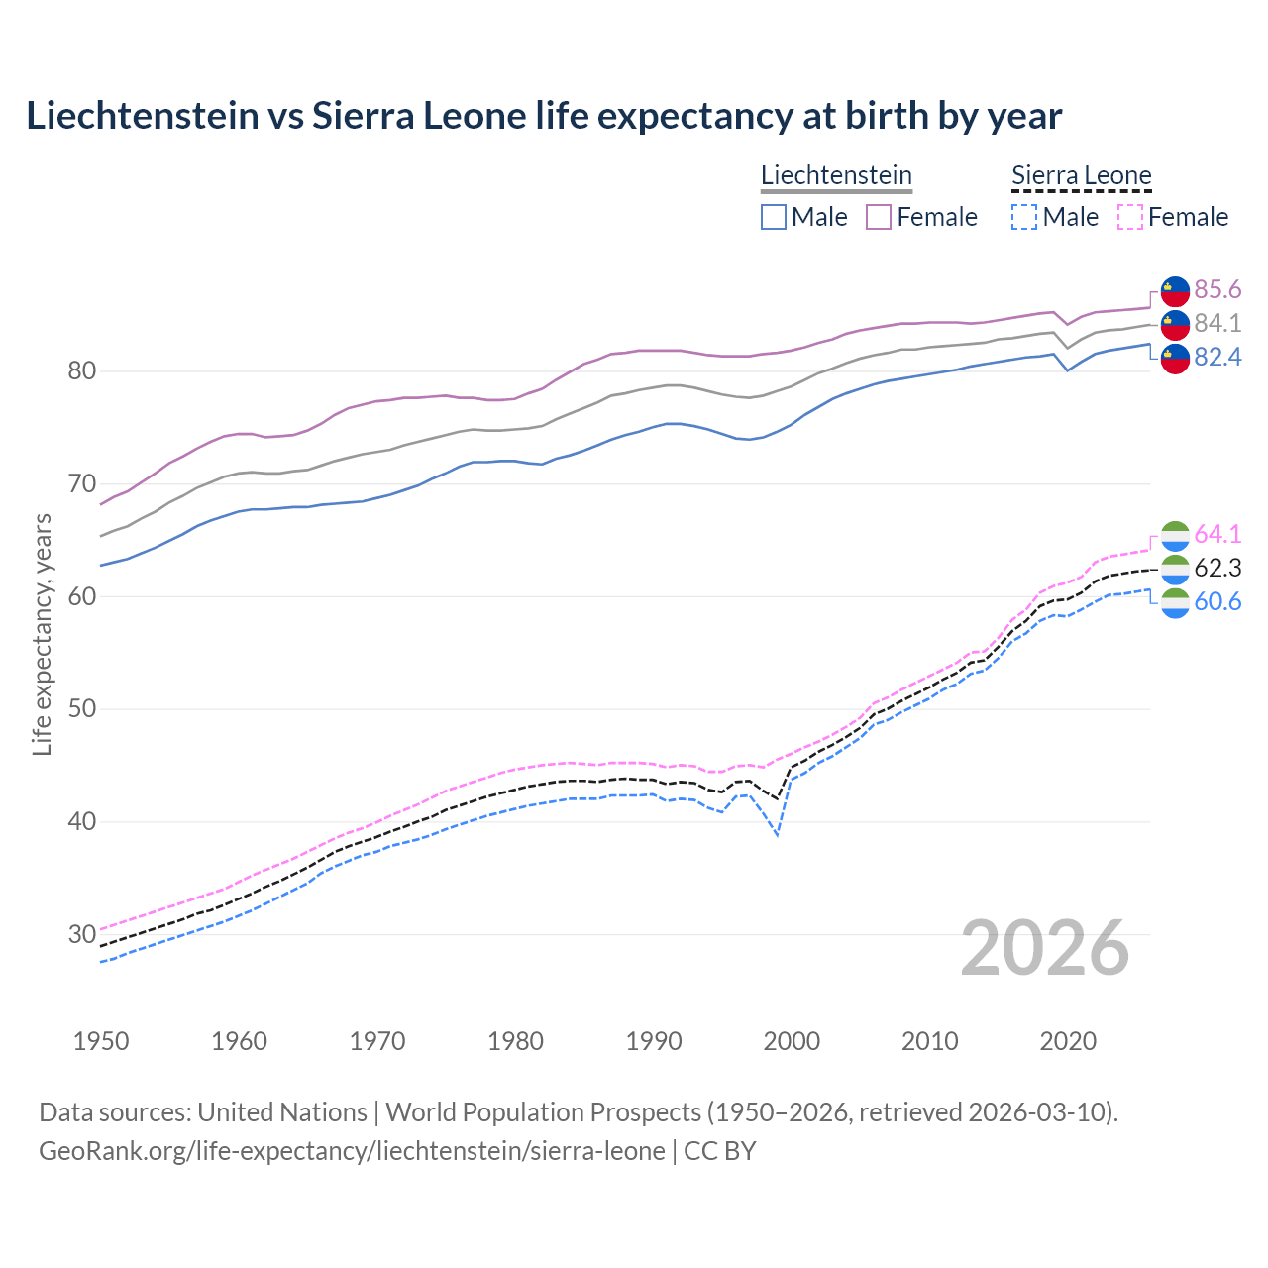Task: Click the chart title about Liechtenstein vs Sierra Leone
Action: pos(544,116)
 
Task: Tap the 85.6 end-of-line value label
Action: pos(1217,289)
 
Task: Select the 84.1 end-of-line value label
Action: pos(1217,323)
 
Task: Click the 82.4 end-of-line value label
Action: pos(1217,357)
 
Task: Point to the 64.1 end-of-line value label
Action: pos(1217,534)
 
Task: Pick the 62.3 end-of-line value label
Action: pos(1217,568)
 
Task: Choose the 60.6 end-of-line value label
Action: pos(1217,601)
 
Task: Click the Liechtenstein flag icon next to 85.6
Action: pos(1175,290)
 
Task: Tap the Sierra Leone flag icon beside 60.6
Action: pos(1175,602)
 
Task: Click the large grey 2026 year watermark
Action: pos(1045,948)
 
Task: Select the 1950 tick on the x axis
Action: pos(101,1041)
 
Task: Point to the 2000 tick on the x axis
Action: pos(792,1041)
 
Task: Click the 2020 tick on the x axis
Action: pos(1068,1041)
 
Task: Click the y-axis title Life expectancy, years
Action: pos(42,634)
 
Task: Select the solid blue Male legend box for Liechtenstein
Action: pos(774,217)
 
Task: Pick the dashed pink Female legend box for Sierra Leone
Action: pos(1130,217)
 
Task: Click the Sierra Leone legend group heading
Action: pos(1081,176)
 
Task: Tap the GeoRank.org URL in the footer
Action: pos(352,1151)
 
